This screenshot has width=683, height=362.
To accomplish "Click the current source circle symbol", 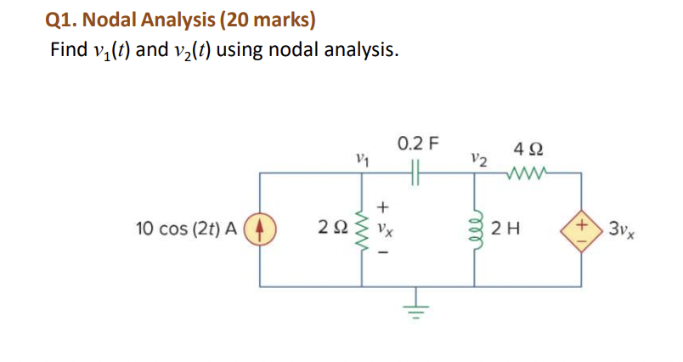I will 260,229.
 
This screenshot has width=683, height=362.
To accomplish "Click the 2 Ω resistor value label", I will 332,229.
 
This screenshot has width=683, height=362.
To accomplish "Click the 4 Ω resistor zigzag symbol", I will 524,172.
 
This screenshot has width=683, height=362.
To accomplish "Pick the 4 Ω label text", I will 526,150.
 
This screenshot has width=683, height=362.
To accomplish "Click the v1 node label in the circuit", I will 363,157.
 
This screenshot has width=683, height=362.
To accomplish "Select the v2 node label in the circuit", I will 479,158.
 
